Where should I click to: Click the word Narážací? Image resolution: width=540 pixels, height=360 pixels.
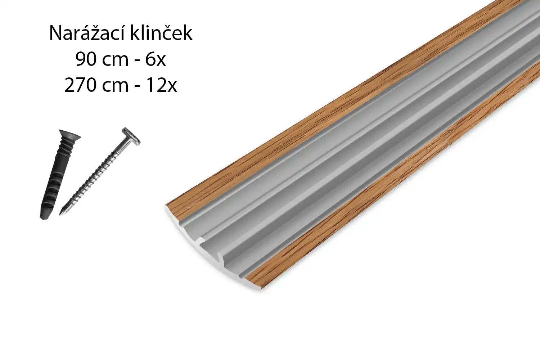(87, 33)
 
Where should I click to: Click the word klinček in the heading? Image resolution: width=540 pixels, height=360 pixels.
(162, 33)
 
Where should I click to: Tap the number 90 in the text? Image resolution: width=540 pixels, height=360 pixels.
(86, 59)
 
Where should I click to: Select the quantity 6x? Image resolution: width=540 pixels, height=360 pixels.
(156, 59)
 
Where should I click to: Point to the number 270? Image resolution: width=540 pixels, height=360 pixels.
(80, 86)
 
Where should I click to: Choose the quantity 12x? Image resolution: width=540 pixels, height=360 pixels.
(162, 86)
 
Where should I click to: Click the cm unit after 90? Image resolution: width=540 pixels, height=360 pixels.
(115, 61)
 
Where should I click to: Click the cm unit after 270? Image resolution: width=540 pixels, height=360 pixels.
(115, 87)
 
